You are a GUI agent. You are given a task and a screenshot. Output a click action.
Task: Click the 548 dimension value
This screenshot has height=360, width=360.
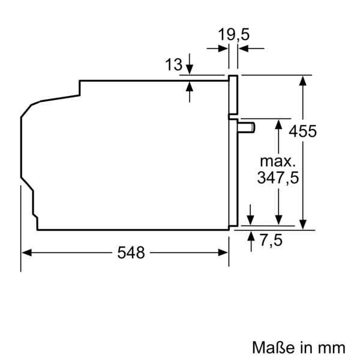131,253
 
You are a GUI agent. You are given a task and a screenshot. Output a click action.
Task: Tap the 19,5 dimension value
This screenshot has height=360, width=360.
233,35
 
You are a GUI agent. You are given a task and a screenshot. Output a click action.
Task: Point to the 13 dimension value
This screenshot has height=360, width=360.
173,65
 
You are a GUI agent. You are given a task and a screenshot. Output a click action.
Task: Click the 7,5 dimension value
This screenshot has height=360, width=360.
271,240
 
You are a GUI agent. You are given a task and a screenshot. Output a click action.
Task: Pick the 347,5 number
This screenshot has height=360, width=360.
278,178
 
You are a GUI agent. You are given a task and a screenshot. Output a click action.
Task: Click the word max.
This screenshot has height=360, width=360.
278,161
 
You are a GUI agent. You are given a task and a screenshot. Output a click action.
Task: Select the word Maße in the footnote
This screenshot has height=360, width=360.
271,347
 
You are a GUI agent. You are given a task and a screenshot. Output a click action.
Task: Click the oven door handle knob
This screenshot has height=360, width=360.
246,127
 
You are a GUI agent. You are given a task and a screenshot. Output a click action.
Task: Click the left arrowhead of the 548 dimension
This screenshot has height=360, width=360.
26,253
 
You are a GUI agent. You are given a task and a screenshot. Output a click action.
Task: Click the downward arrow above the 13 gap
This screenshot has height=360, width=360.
190,70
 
